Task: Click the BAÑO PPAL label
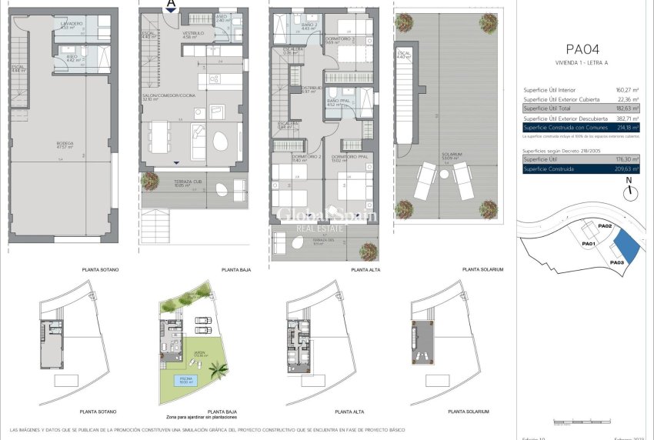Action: tap(337, 102)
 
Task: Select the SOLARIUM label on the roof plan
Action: tap(452, 154)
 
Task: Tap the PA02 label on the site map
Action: tap(604, 226)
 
